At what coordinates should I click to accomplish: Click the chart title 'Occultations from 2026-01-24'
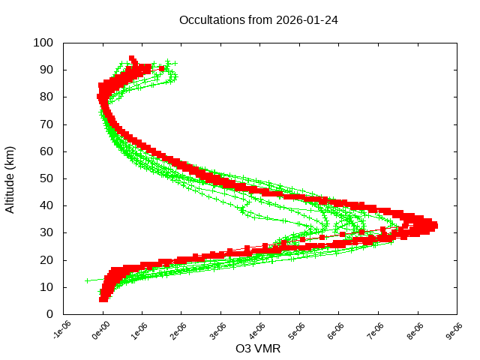pos(258,20)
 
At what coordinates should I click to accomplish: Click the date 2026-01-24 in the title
pos(307,20)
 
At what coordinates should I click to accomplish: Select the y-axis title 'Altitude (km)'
pos(10,178)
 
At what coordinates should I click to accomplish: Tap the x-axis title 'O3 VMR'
pos(258,349)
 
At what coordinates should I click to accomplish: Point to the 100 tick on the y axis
pos(43,43)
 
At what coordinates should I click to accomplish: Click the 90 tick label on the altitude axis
pos(46,70)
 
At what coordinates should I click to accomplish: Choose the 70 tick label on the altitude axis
pos(46,124)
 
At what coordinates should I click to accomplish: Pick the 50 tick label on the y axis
pos(46,178)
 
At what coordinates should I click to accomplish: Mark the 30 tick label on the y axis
pos(46,232)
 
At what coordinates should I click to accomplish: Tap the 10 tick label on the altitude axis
pos(46,286)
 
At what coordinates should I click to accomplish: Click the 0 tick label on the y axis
pos(49,313)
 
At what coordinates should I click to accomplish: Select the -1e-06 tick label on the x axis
pos(61,331)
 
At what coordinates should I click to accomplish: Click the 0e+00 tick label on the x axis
pos(100,331)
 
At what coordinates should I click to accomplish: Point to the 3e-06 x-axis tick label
pos(219,331)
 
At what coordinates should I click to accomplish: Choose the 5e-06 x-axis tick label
pos(298,331)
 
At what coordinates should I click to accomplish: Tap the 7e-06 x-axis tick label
pos(376,331)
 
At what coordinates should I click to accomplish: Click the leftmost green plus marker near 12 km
pos(88,280)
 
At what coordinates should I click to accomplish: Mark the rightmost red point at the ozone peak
pos(434,225)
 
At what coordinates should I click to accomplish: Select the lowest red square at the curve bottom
pos(103,299)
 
